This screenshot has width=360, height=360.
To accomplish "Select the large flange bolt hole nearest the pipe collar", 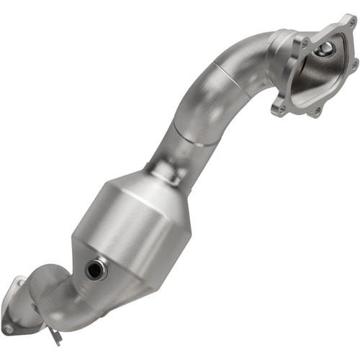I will pos(303,45).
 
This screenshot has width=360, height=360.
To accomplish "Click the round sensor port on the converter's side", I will pos(96,270).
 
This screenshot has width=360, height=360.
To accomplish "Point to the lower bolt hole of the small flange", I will pos(8,328).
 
